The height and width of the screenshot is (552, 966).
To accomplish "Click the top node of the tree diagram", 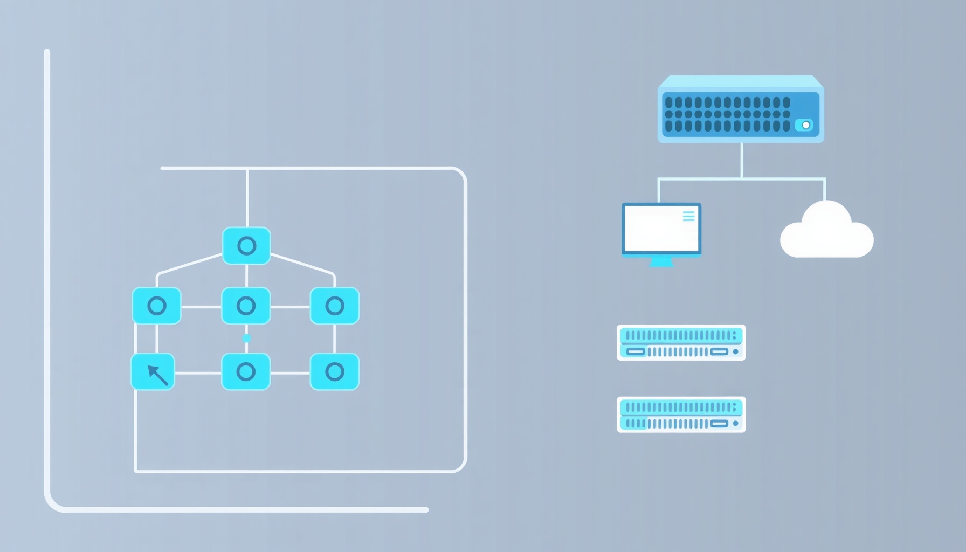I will (x=246, y=246).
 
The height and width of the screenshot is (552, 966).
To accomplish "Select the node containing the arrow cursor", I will (x=153, y=372).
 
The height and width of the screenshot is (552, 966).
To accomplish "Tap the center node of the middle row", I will (x=246, y=306).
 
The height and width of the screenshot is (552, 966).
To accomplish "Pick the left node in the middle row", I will (x=157, y=306).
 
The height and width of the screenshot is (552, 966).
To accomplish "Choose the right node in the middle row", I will (x=334, y=306).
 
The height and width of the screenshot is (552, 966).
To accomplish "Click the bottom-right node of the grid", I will (x=334, y=371).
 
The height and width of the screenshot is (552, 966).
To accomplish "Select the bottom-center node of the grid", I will (x=246, y=371).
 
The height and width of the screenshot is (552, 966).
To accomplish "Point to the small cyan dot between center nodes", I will (x=246, y=339).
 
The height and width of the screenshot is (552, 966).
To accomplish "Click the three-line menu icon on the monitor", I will (x=688, y=216).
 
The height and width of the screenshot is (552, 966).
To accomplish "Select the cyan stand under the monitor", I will (x=661, y=262).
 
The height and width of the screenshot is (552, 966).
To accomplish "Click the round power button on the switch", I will (x=805, y=125).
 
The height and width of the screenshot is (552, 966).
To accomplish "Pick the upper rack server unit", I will (x=681, y=343).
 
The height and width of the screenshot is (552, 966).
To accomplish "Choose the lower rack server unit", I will (x=681, y=415).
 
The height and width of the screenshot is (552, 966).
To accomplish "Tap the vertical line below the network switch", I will (x=742, y=160).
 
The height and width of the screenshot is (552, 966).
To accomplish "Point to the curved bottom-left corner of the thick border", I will (x=53, y=502).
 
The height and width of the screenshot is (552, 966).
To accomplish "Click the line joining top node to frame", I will (x=247, y=197).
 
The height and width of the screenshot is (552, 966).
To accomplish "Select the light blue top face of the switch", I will (x=740, y=81).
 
